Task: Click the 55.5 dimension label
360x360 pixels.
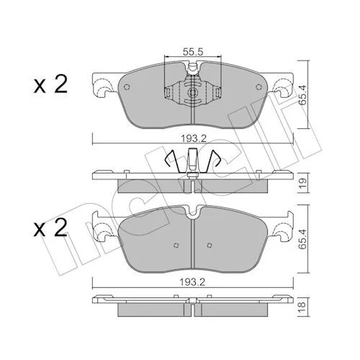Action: click(x=193, y=52)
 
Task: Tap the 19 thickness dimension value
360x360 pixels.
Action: click(x=303, y=183)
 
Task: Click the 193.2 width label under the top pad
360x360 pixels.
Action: click(x=194, y=139)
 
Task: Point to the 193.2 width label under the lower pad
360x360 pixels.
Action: click(x=194, y=282)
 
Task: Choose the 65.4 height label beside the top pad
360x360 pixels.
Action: click(x=303, y=94)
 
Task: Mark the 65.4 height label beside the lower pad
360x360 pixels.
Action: click(x=303, y=238)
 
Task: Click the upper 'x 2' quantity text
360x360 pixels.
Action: click(x=50, y=85)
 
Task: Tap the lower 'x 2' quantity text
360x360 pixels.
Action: click(x=50, y=228)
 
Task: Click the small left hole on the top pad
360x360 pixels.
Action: click(x=127, y=87)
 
